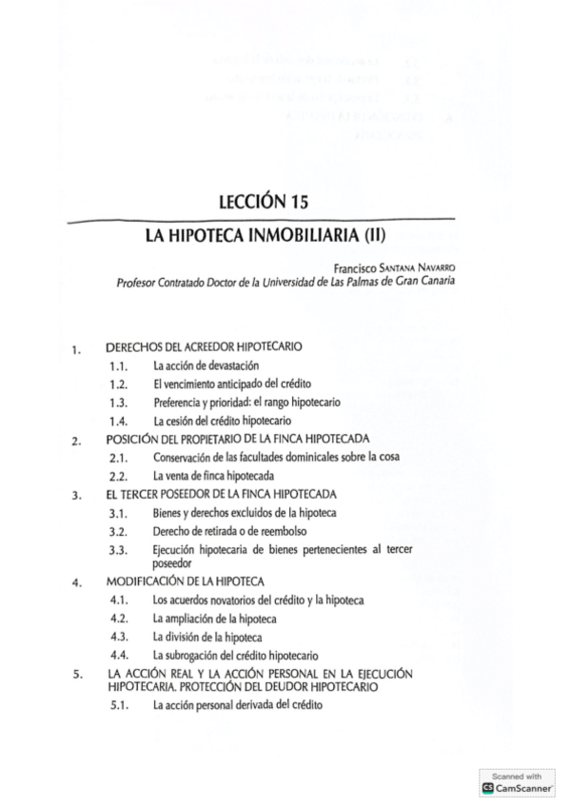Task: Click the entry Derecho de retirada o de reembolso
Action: tap(229, 530)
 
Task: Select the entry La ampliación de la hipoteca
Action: tap(215, 618)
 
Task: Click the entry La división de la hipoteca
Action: tap(207, 636)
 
